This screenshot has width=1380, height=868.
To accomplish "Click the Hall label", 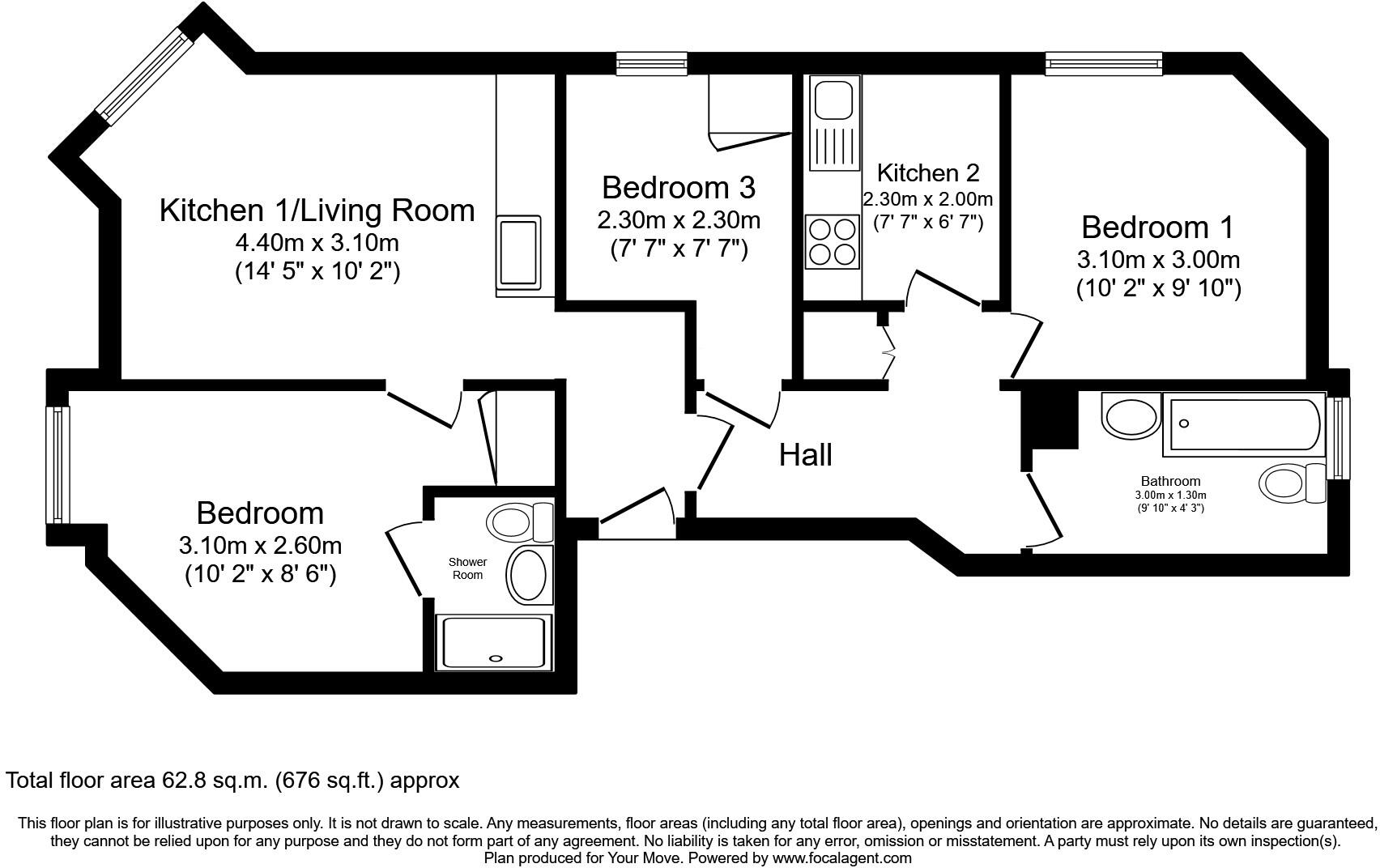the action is click(x=805, y=455).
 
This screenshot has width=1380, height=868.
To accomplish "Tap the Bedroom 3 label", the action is click(x=679, y=187).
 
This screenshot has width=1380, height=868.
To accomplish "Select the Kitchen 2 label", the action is click(x=928, y=173).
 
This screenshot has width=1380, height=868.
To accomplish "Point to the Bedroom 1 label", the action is click(x=1157, y=228).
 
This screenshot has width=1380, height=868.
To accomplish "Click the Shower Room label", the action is click(x=467, y=568).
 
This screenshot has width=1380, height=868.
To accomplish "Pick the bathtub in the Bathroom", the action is click(x=1244, y=424).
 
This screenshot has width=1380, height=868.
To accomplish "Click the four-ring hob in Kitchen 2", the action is click(x=832, y=242).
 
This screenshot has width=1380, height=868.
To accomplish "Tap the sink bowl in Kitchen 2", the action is click(x=833, y=100).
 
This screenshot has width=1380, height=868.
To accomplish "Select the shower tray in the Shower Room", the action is click(x=493, y=643).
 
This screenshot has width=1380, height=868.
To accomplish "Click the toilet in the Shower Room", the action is click(x=519, y=522).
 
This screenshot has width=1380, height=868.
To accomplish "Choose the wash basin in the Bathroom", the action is click(x=1131, y=416).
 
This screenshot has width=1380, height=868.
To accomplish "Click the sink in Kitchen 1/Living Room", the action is click(x=519, y=253).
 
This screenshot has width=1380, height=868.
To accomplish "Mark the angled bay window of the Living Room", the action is click(x=144, y=76).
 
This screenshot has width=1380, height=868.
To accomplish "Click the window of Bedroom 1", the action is click(x=1103, y=63).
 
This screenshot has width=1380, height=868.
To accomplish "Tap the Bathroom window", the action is click(x=1337, y=438).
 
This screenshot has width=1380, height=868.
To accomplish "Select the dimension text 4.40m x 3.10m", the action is click(x=317, y=243).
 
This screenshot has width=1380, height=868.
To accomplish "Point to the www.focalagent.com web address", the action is click(x=841, y=857).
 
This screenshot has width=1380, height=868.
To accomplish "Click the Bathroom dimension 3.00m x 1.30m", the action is click(x=1170, y=495).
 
